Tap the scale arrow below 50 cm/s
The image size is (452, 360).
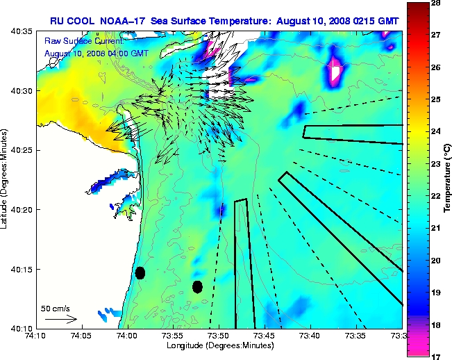click(x=61, y=319)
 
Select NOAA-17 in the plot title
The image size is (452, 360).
click(x=124, y=22)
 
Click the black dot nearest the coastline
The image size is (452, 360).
click(x=140, y=272)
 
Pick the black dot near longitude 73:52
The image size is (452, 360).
click(x=198, y=286)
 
